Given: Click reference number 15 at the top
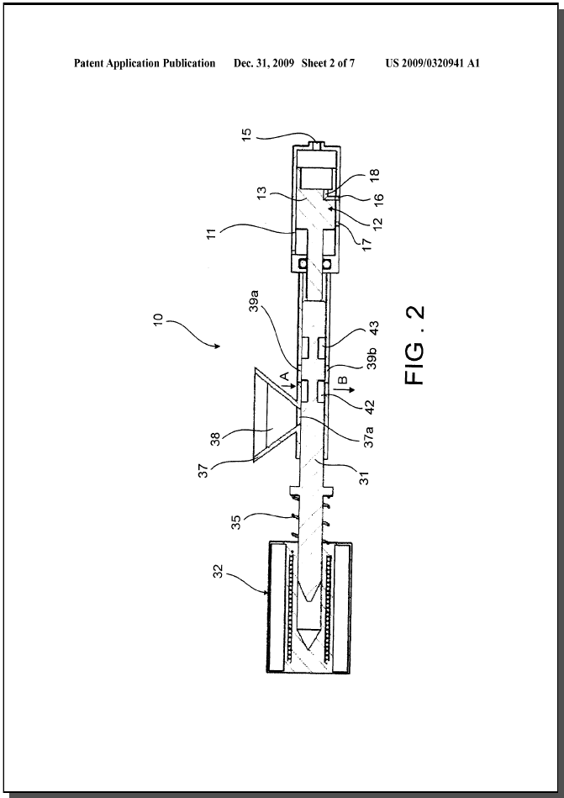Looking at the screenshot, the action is pos(246,135).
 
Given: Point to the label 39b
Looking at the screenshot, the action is pos(372,360).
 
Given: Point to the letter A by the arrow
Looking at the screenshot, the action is pos(285,376).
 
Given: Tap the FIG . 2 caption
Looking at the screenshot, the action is pos(415,346).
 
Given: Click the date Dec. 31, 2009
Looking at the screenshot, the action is pos(265,64).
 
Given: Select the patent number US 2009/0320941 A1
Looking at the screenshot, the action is pos(432,64).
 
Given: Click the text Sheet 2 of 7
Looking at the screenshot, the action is pos(328,64).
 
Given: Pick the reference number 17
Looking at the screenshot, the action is pos(367,241).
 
